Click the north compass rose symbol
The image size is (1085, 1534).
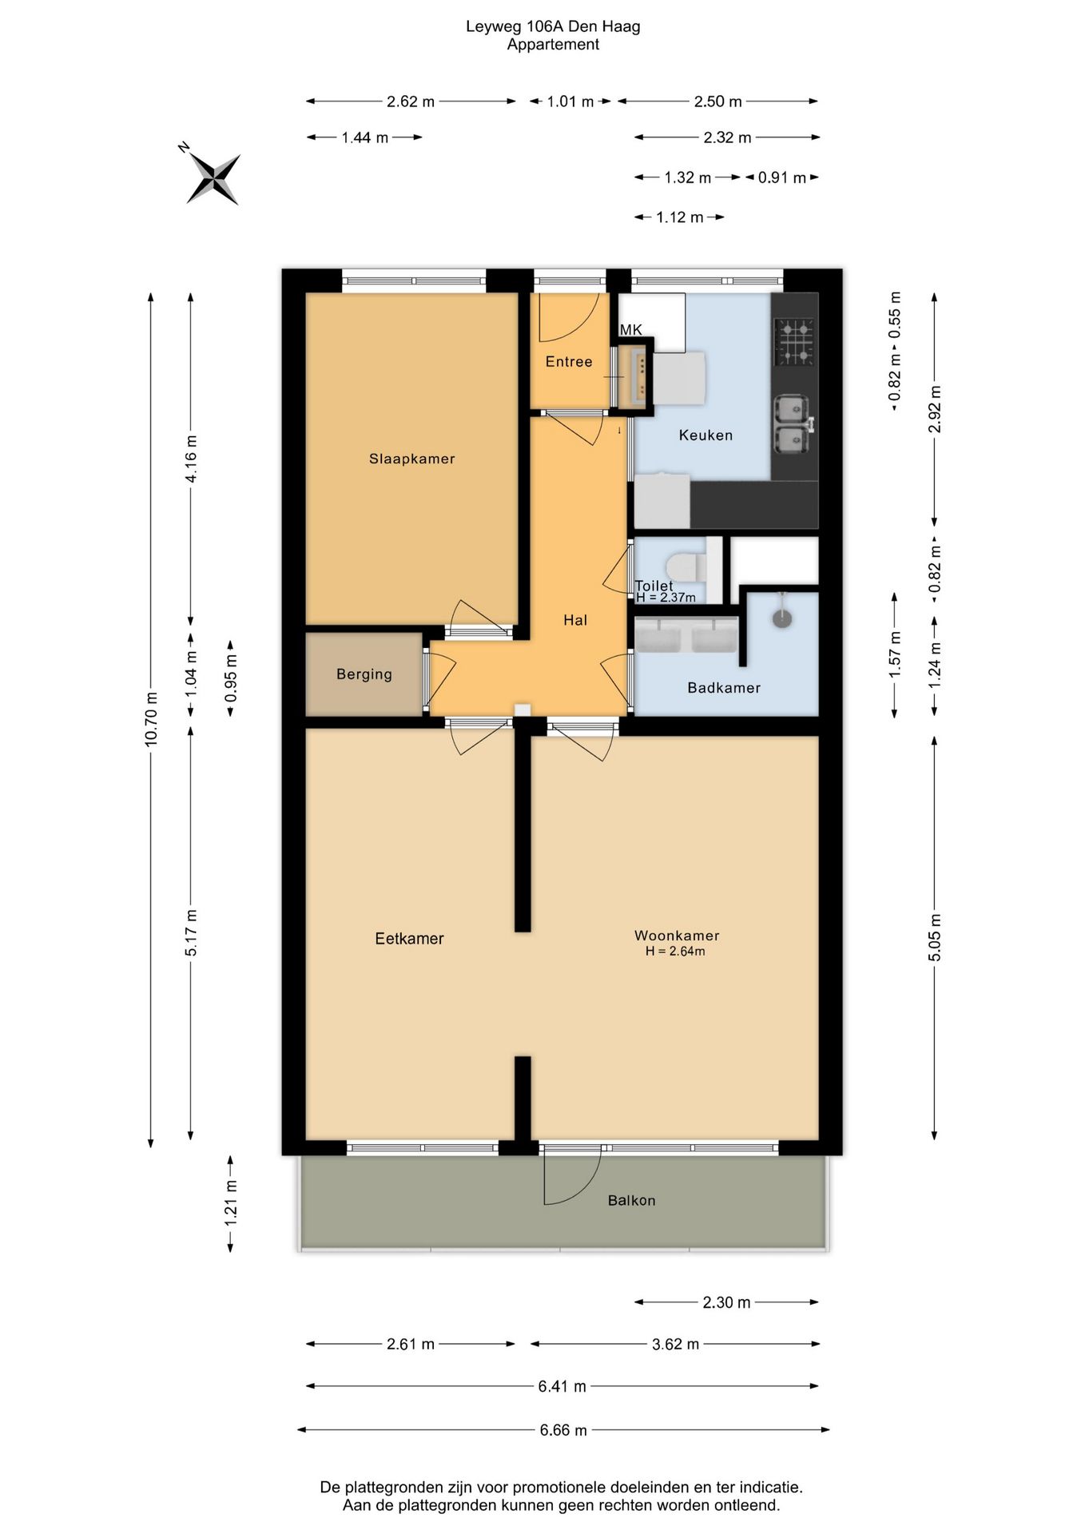(213, 177)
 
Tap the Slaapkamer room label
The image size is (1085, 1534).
(411, 459)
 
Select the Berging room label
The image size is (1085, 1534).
(364, 674)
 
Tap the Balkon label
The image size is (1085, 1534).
(631, 1200)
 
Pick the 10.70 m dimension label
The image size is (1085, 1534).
(151, 720)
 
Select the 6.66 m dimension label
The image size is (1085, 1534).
(563, 1430)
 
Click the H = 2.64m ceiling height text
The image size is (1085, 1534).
(675, 952)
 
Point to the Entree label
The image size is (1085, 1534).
(569, 362)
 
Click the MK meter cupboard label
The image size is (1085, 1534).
(630, 329)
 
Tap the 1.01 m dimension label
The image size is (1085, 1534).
(570, 101)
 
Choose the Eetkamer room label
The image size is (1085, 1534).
(409, 939)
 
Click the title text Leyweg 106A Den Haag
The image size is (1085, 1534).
(553, 27)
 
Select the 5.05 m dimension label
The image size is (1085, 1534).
(935, 937)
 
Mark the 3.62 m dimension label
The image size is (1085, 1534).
(675, 1345)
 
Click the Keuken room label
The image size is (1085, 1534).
(705, 435)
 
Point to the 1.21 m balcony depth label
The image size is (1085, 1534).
(231, 1203)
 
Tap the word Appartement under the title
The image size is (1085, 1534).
(553, 45)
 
